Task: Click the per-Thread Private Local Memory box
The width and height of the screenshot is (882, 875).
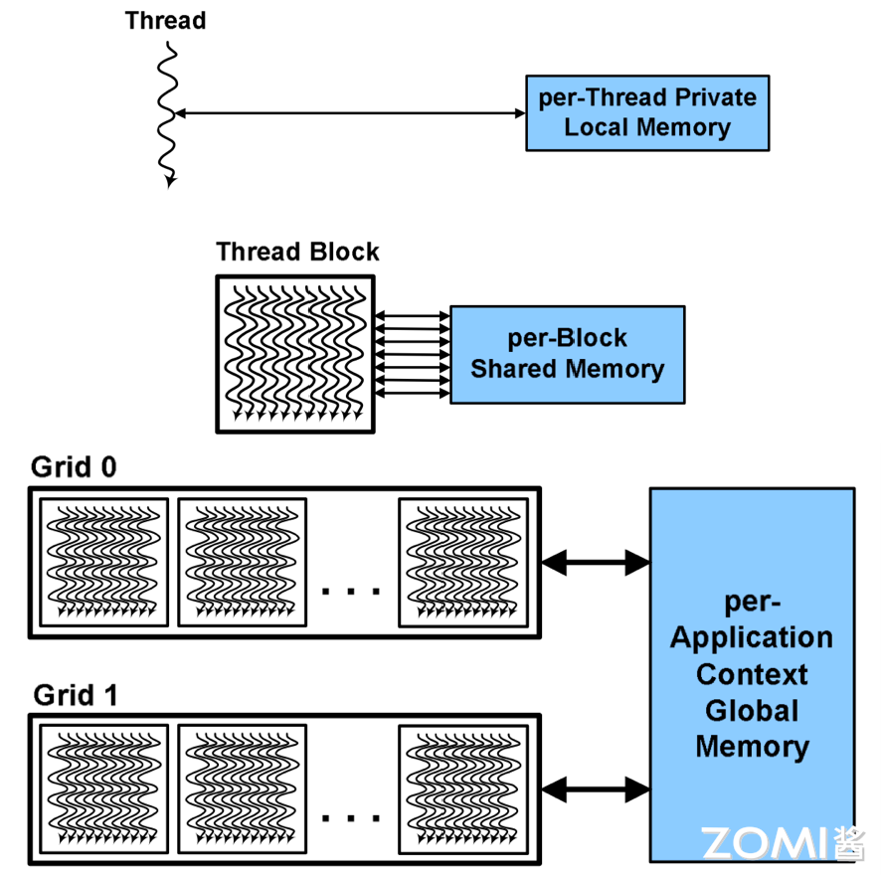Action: [647, 112]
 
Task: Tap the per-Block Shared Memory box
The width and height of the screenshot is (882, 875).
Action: [567, 354]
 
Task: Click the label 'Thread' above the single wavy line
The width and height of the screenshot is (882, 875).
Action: [165, 20]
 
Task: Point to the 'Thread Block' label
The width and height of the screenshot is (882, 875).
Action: [297, 252]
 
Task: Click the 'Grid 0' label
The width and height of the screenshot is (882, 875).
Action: [74, 466]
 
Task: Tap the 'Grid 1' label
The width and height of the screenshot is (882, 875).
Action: [76, 694]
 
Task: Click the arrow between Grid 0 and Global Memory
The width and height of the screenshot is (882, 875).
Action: [595, 563]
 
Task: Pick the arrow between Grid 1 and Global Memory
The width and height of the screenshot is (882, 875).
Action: [595, 790]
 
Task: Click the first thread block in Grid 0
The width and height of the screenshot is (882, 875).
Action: [103, 563]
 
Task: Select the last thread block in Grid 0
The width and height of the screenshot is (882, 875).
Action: [462, 563]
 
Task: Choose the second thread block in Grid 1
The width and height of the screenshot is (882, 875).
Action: [242, 788]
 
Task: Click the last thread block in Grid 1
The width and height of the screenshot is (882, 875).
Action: [462, 788]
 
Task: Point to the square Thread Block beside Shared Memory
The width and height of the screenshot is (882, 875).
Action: [295, 353]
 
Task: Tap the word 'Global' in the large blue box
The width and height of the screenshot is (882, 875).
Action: [752, 711]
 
